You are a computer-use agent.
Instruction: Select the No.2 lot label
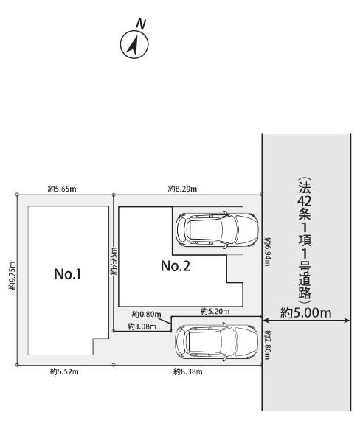tap(176, 266)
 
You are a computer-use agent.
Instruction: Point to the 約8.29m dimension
tap(183, 189)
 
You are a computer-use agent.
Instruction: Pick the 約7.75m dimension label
tap(113, 262)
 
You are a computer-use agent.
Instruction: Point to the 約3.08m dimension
tap(139, 326)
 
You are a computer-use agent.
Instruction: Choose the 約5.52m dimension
tap(63, 372)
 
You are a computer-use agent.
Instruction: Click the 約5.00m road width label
tap(305, 312)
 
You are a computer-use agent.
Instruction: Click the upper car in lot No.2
tap(216, 231)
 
